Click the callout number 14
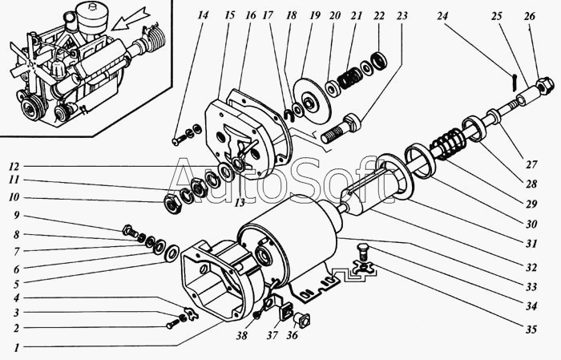tap(203, 16)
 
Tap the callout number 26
tap(530, 16)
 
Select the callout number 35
tap(531, 330)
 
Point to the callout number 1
tap(17, 347)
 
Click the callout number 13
tap(240, 203)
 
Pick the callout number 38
tap(242, 336)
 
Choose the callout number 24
tap(442, 16)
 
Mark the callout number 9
tap(17, 216)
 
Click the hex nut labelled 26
tap(544, 87)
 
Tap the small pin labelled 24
tap(514, 82)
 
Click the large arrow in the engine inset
tap(131, 20)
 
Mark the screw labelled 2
tap(172, 325)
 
